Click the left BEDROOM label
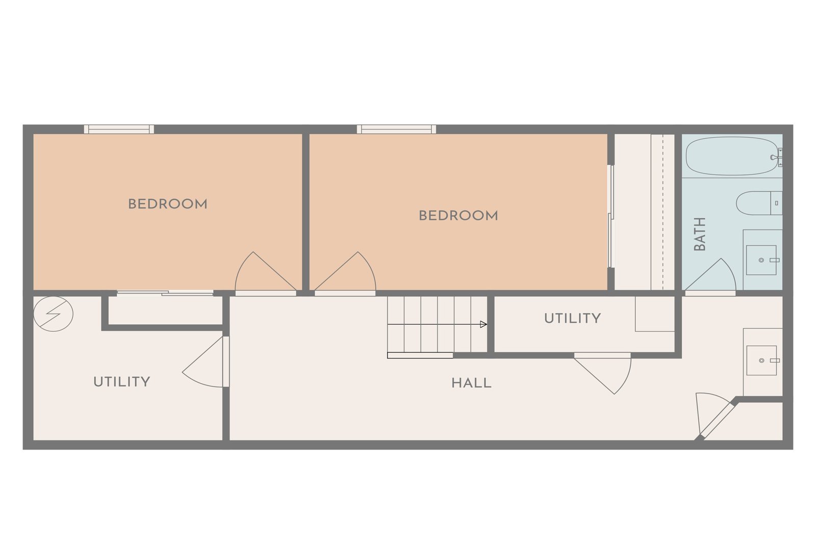pyautogui.click(x=168, y=204)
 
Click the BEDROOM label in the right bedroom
pyautogui.click(x=458, y=216)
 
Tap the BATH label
pyautogui.click(x=700, y=234)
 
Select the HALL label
pyautogui.click(x=471, y=383)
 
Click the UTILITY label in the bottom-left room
pyautogui.click(x=122, y=381)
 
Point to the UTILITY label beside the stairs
pyautogui.click(x=572, y=318)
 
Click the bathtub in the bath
pyautogui.click(x=733, y=156)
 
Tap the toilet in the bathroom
pyautogui.click(x=759, y=203)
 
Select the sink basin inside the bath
pyautogui.click(x=761, y=260)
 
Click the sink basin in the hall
pyautogui.click(x=762, y=360)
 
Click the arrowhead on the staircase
pyautogui.click(x=483, y=324)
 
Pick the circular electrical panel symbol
pyautogui.click(x=53, y=314)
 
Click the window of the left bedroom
pyautogui.click(x=119, y=129)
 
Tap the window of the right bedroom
pyautogui.click(x=396, y=129)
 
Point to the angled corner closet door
pyautogui.click(x=716, y=419)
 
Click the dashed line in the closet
pyautogui.click(x=663, y=212)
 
